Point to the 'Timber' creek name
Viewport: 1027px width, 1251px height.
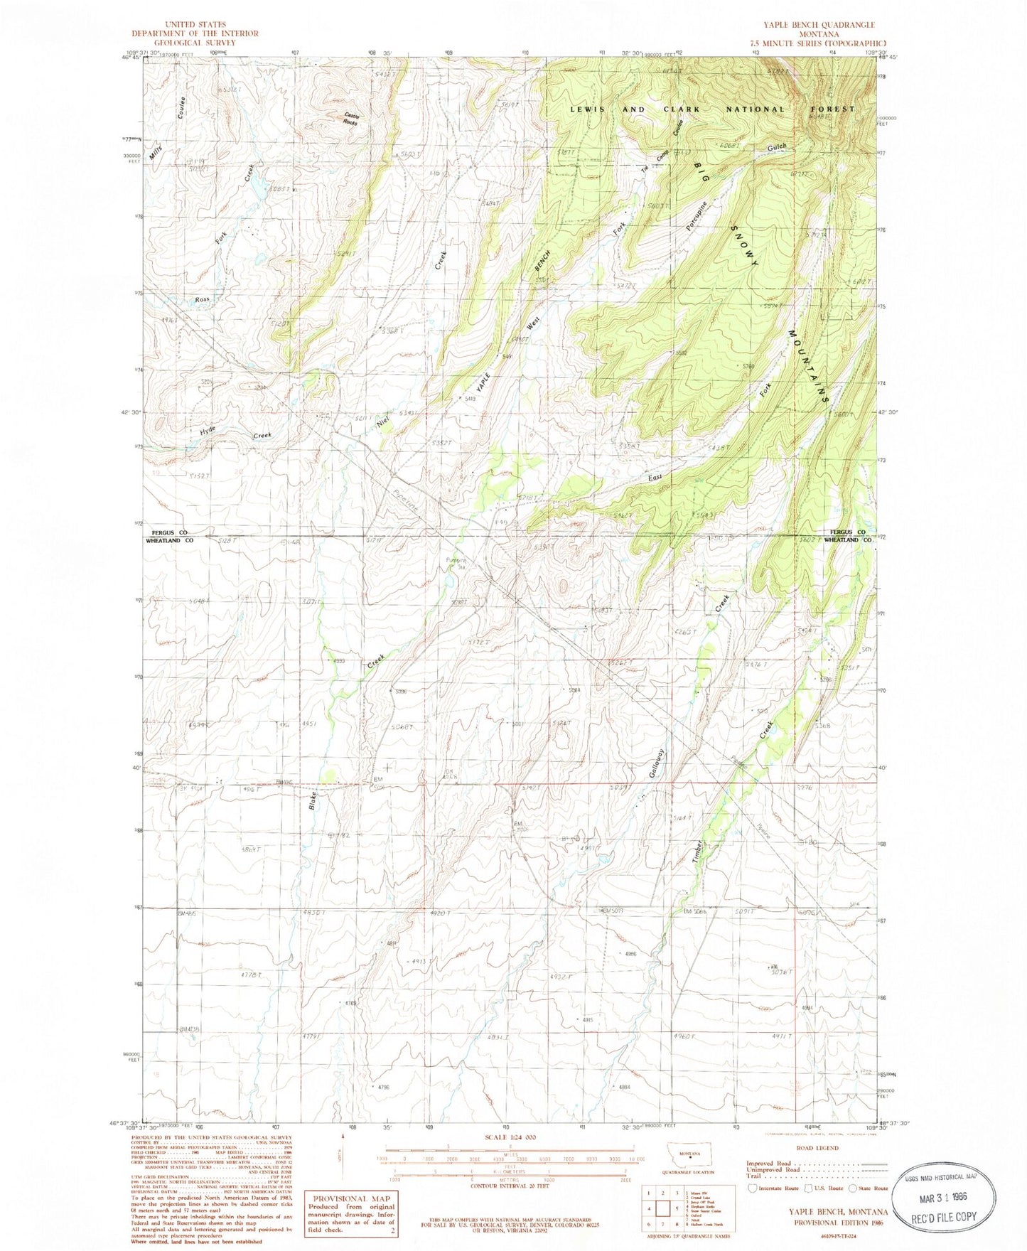point(697,852)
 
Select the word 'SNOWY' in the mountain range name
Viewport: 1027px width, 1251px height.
point(745,245)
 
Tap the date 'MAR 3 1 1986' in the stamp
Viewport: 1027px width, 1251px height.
point(942,1197)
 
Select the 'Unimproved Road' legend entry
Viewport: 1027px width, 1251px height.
point(772,1169)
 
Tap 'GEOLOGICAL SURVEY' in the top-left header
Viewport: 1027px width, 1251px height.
point(195,42)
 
